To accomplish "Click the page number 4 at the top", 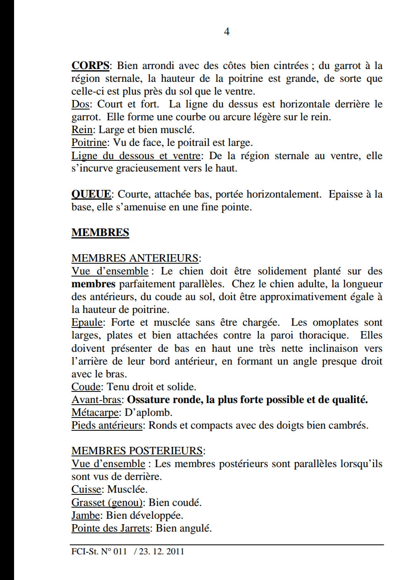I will pyautogui.click(x=227, y=32).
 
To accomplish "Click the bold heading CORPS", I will pyautogui.click(x=90, y=66).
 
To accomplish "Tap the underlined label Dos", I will pyautogui.click(x=80, y=104).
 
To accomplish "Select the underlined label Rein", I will pyautogui.click(x=82, y=130).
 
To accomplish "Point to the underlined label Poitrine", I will pyautogui.click(x=89, y=143).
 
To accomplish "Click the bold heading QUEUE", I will pyautogui.click(x=91, y=194).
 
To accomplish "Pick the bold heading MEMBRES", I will pyautogui.click(x=100, y=233).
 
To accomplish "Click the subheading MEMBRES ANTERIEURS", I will pyautogui.click(x=135, y=258).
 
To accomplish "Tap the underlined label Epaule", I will pyautogui.click(x=87, y=322).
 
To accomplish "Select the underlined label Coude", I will pyautogui.click(x=86, y=387).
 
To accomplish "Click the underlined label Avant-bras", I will pyautogui.click(x=96, y=400).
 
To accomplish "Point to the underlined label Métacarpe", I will pyautogui.click(x=95, y=413).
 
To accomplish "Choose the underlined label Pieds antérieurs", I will pyautogui.click(x=107, y=425).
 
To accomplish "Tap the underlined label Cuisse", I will pyautogui.click(x=86, y=489).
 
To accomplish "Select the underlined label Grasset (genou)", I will pyautogui.click(x=107, y=503).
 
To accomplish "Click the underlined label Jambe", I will pyautogui.click(x=86, y=516).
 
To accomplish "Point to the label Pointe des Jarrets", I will pyautogui.click(x=110, y=528).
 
